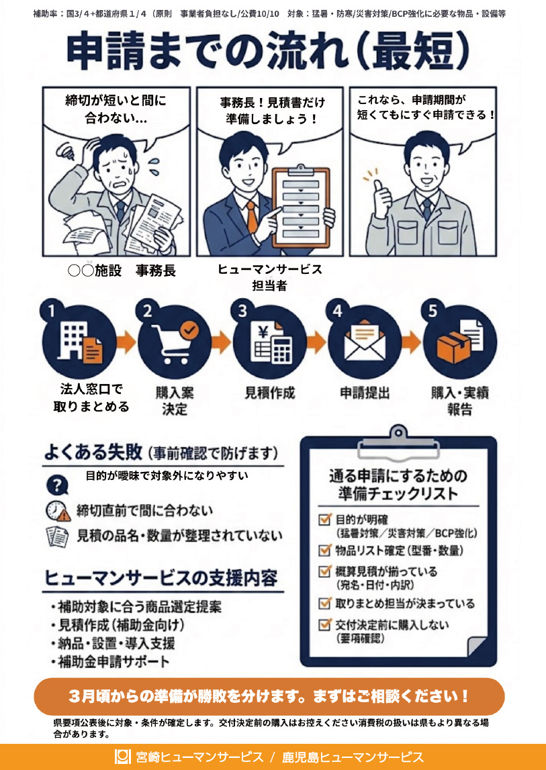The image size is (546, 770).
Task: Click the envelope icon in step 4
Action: pos(365,343)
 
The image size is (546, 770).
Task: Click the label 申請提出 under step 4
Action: pos(365,393)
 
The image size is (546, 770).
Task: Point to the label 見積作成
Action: pos(270,393)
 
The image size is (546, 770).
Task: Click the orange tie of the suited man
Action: pos(251,217)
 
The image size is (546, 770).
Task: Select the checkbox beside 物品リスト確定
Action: pos(324,550)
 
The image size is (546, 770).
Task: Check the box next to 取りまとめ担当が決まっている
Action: pos(324,603)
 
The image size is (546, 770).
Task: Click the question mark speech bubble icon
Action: pos(57,485)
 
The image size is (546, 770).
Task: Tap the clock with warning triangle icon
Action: pos(58,512)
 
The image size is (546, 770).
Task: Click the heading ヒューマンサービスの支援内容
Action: pos(161,578)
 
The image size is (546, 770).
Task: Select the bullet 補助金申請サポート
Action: pos(111,661)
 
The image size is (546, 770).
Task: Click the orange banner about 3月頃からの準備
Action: pos(269,696)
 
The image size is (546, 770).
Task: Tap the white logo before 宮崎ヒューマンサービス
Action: pos(122,757)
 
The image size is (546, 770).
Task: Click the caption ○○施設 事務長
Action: pos(122,271)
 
